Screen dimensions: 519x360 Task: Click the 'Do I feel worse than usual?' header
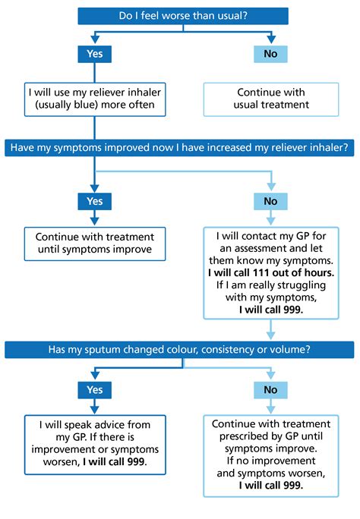tap(182, 16)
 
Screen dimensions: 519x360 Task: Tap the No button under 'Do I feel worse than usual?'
tap(270, 54)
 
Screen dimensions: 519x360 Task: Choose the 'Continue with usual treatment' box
tap(270, 99)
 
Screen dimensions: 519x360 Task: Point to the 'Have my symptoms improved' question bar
tap(182, 146)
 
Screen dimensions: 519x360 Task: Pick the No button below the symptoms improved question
tap(270, 201)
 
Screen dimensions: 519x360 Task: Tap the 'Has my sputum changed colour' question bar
tap(182, 349)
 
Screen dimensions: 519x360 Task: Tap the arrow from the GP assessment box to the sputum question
tap(270, 329)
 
